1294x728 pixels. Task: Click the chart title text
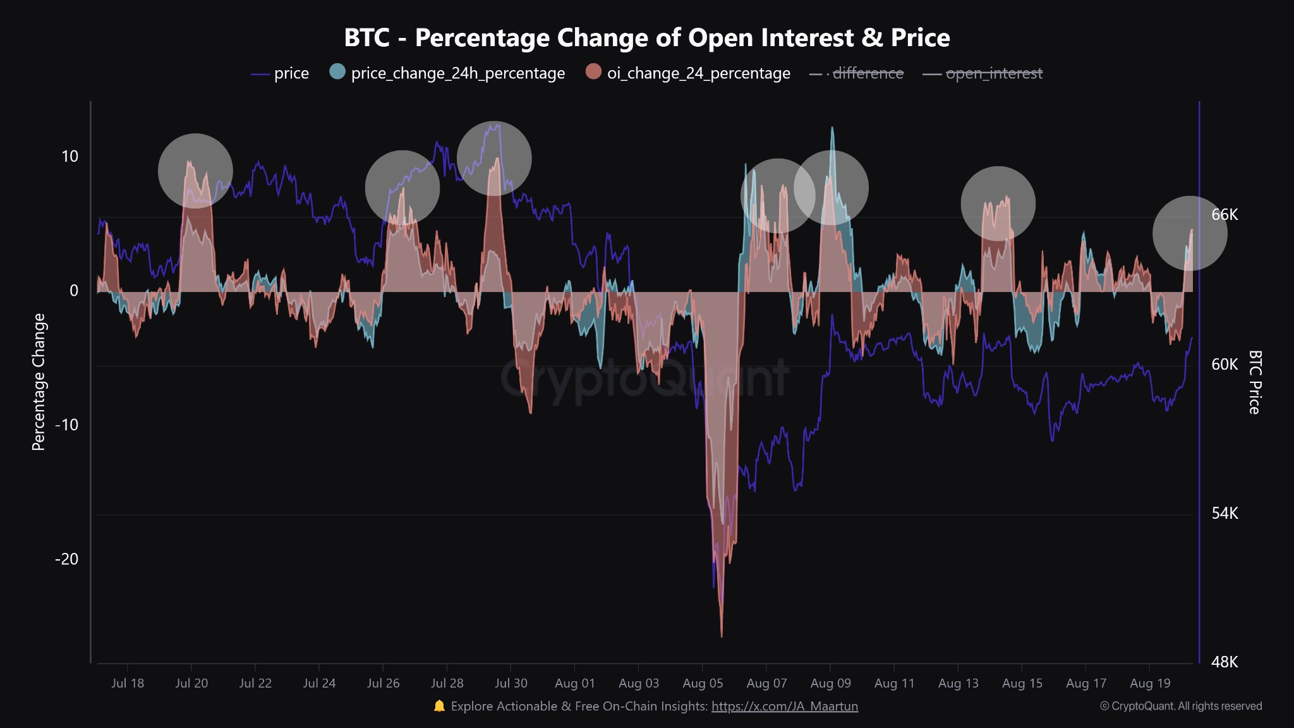[646, 38]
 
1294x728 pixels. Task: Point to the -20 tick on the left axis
[66, 559]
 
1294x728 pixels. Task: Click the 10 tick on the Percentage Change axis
[70, 157]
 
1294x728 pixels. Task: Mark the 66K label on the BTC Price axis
[1224, 215]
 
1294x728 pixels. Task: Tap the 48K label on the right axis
[1224, 662]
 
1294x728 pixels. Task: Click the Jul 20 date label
[191, 683]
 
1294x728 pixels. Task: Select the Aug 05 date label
[703, 683]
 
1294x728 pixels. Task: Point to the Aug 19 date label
[1150, 683]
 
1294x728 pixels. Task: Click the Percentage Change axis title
[39, 382]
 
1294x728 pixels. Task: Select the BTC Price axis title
[1255, 382]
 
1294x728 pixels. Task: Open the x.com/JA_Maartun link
[785, 707]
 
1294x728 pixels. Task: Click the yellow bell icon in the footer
[439, 706]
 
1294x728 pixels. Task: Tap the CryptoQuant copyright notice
[1181, 706]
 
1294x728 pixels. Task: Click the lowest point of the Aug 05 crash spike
[722, 636]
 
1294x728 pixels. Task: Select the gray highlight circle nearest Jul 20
[195, 171]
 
